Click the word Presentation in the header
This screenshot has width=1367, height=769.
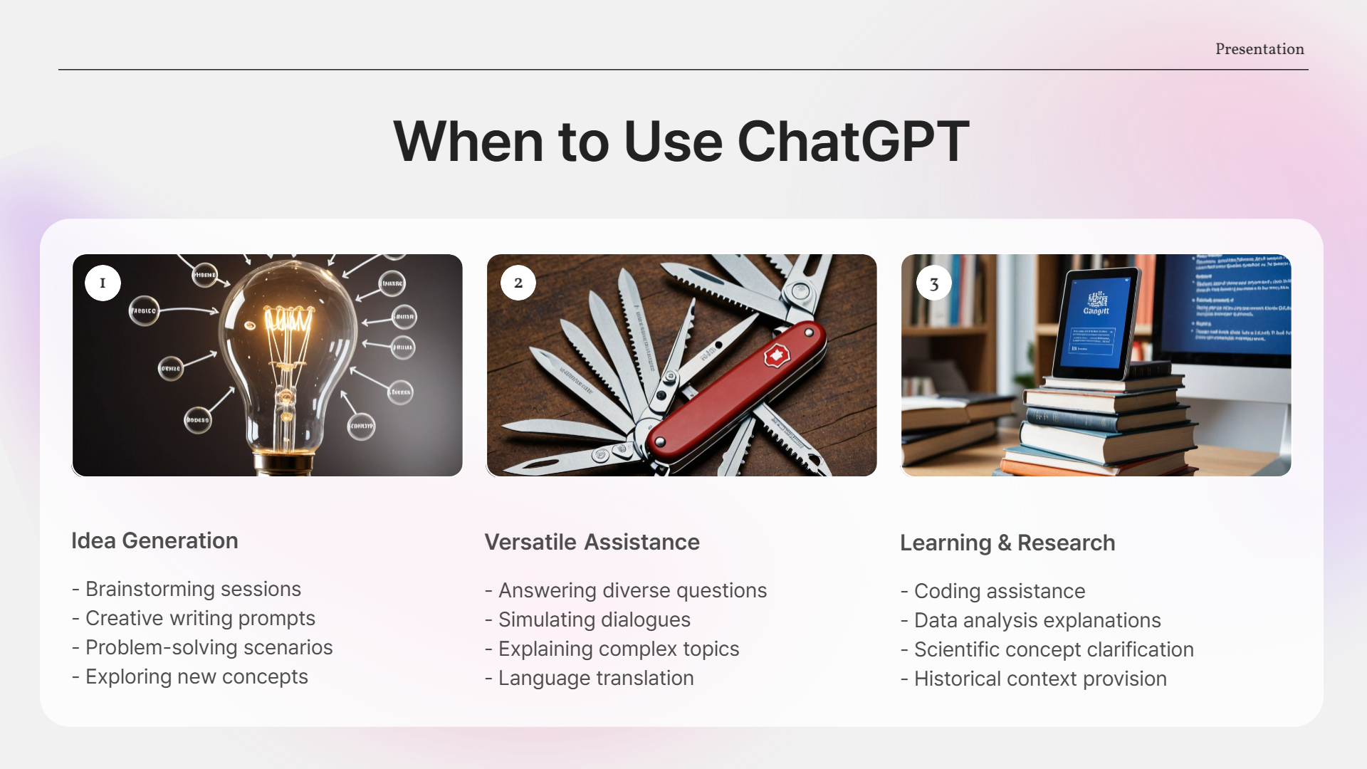point(1259,49)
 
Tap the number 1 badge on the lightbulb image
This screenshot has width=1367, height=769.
point(103,283)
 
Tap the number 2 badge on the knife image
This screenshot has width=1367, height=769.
point(518,283)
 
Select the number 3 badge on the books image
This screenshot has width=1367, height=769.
point(933,284)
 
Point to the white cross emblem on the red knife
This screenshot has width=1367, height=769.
point(776,355)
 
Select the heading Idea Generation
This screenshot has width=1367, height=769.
point(154,540)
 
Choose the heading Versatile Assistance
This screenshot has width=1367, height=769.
point(592,542)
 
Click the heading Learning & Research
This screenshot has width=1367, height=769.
point(1007,543)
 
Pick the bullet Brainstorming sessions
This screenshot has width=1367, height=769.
point(193,589)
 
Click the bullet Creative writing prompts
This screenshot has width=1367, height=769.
point(200,618)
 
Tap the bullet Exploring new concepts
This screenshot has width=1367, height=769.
point(197,676)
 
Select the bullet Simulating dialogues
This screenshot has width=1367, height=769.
point(594,619)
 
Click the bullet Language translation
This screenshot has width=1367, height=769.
point(595,678)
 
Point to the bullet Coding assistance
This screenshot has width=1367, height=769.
point(999,591)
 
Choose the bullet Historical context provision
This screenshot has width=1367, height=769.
point(1039,679)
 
